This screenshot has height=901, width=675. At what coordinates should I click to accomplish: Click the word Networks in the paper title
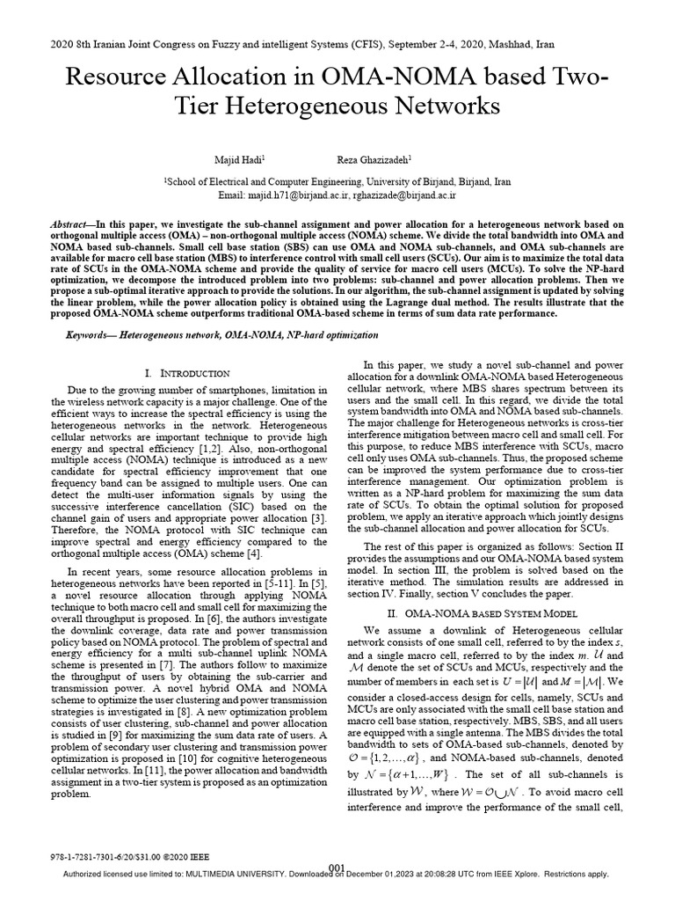(428, 107)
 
